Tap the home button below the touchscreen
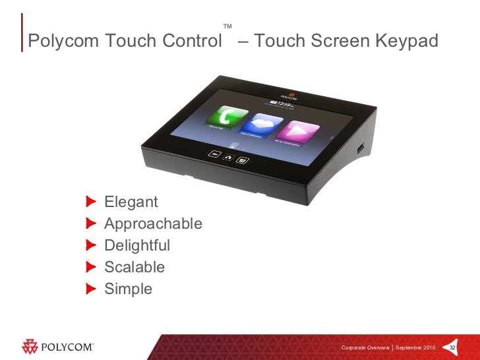[x=228, y=156]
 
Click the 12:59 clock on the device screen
[x=280, y=103]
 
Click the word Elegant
[x=131, y=201]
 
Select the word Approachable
[x=153, y=224]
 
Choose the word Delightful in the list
[x=137, y=245]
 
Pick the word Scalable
[x=135, y=267]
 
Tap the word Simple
[x=128, y=289]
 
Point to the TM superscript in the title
[x=227, y=27]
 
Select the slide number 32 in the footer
[x=453, y=347]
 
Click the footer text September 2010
[x=415, y=347]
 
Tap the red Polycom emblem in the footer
[x=31, y=347]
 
